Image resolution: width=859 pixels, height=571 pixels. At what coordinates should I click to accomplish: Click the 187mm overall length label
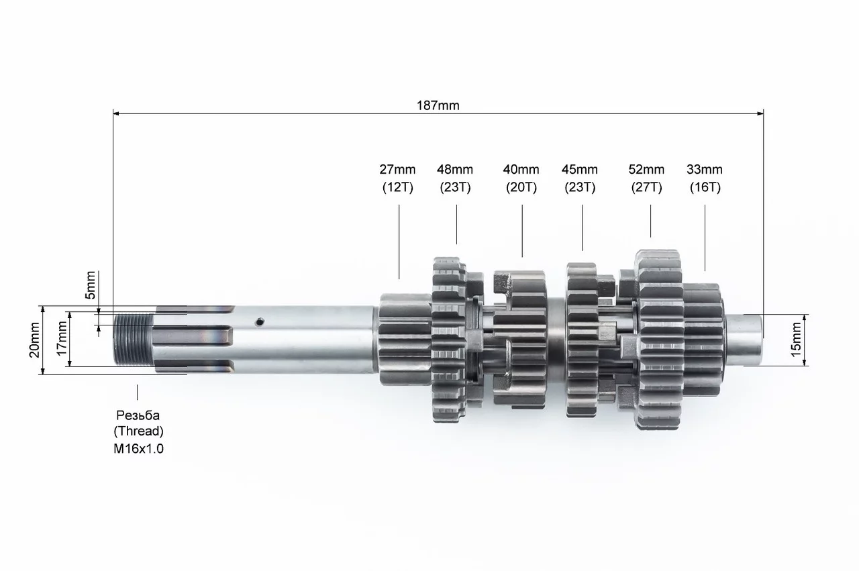click(x=438, y=105)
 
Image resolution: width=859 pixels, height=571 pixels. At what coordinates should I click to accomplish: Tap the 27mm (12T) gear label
click(x=398, y=178)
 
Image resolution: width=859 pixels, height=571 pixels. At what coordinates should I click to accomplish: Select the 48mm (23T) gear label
click(x=455, y=178)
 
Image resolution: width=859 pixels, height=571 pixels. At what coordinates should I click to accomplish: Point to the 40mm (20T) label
click(x=521, y=178)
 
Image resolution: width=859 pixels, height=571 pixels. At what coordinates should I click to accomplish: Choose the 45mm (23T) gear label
click(x=580, y=178)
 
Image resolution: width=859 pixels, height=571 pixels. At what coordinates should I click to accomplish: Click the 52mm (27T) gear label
click(x=646, y=178)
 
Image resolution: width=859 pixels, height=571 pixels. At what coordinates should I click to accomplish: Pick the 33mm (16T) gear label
click(x=705, y=178)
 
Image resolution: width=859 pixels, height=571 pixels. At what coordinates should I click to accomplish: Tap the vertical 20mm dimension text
click(x=34, y=340)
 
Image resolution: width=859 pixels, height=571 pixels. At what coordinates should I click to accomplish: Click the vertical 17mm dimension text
click(x=62, y=339)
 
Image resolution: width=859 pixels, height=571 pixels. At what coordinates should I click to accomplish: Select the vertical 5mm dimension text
click(x=90, y=285)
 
